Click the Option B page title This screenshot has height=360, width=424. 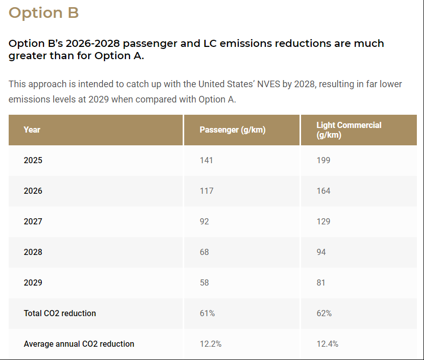coord(44,13)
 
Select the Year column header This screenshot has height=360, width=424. coord(32,130)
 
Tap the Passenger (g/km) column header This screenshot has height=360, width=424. coord(232,130)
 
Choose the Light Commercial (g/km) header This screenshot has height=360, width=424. coord(348,130)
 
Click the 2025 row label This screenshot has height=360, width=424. coord(33,160)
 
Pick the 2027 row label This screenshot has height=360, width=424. coord(33,221)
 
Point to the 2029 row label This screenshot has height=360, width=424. coord(33,282)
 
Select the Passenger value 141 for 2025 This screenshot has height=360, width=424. coord(206,160)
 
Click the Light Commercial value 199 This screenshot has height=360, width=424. coord(323,160)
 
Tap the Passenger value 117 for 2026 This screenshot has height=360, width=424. coord(206,191)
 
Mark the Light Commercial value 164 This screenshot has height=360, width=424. coord(323,191)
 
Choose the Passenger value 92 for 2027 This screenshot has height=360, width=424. coord(204,221)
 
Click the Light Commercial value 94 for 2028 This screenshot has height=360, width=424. coord(321,252)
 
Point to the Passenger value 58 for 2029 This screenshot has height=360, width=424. coord(204,282)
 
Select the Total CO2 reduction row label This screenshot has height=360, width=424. coord(60,313)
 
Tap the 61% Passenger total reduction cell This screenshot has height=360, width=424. coord(207,313)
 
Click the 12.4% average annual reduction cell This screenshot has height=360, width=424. coord(327,344)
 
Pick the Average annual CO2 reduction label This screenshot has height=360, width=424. coord(79,344)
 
